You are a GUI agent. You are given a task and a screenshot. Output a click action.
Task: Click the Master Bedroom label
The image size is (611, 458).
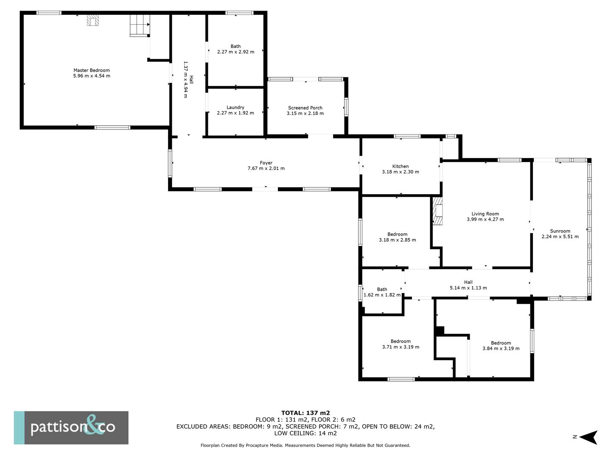pyautogui.click(x=91, y=70)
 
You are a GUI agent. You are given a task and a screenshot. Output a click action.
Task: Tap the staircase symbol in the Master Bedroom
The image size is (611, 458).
pyautogui.click(x=140, y=25)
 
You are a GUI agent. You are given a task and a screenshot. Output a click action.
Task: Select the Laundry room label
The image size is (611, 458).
pyautogui.click(x=235, y=108)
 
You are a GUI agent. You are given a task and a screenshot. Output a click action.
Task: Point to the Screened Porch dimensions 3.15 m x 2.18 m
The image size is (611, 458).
pyautogui.click(x=305, y=114)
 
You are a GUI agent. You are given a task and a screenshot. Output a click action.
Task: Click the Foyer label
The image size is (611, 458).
pyautogui.click(x=266, y=163)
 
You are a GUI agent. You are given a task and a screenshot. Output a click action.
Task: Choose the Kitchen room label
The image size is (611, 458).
pyautogui.click(x=400, y=166)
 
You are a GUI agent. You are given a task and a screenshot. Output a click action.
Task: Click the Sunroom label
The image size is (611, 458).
pyautogui.click(x=560, y=231)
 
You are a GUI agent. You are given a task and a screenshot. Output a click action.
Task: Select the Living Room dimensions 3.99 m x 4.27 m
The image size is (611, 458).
pyautogui.click(x=485, y=220)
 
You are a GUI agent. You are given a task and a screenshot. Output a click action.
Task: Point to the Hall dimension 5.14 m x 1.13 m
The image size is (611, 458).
pyautogui.click(x=468, y=288)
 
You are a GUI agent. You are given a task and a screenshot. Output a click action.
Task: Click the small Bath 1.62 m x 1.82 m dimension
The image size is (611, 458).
pyautogui.click(x=382, y=295)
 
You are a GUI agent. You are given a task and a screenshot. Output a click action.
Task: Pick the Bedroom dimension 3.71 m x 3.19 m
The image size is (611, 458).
pyautogui.click(x=401, y=347)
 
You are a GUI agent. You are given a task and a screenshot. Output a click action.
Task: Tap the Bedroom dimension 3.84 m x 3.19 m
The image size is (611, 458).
pyautogui.click(x=501, y=349)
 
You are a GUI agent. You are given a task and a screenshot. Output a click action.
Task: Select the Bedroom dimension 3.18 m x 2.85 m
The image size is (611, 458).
pyautogui.click(x=397, y=240)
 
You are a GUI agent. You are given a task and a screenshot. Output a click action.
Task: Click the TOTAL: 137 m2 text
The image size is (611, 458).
pyautogui.click(x=305, y=413)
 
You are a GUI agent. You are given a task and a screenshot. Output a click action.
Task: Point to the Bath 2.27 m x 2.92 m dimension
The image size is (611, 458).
pyautogui.click(x=235, y=52)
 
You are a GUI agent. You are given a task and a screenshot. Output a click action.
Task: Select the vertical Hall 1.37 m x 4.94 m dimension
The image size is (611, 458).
pyautogui.click(x=185, y=79)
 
